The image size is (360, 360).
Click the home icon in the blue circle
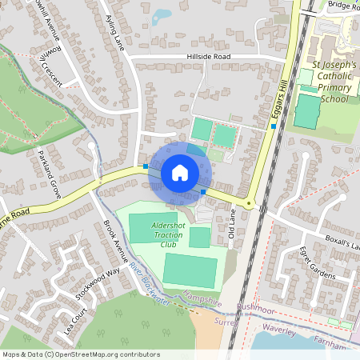point(180,173)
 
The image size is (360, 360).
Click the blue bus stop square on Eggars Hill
point(274,126)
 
